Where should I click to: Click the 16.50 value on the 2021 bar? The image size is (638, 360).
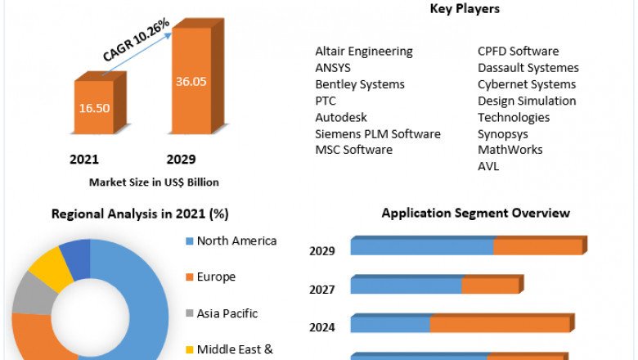tap(100, 108)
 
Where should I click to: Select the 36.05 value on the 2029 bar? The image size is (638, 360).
tap(190, 82)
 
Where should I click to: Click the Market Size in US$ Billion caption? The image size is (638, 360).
tap(154, 182)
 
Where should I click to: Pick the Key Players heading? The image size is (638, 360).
tap(465, 9)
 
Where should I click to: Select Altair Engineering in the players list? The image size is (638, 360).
tap(364, 52)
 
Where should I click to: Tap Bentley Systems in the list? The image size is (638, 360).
tap(360, 84)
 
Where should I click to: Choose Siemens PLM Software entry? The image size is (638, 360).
tap(378, 133)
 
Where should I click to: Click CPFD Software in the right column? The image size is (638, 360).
tap(519, 52)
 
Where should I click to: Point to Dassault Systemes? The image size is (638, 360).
tap(528, 68)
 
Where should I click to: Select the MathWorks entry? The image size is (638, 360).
tap(510, 150)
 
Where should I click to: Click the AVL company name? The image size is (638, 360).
tap(488, 166)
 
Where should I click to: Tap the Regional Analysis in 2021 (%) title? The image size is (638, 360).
tap(140, 214)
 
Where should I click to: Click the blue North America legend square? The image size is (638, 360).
tap(190, 241)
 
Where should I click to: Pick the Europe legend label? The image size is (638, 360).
tap(216, 277)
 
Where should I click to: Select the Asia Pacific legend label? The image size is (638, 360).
tap(227, 313)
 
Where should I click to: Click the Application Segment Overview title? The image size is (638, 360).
tap(476, 214)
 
